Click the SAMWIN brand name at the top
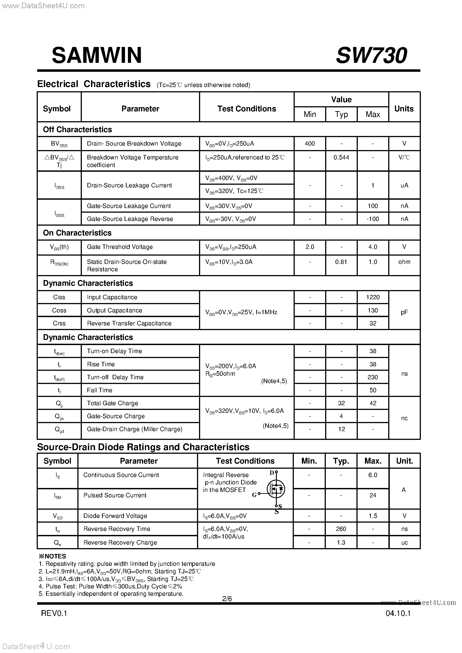coord(97,55)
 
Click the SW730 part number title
coord(371,55)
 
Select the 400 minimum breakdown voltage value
coord(309,144)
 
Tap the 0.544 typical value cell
coord(341,158)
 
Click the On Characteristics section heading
coord(77,233)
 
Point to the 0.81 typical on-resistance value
coord(341,262)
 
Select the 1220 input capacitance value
coord(373,297)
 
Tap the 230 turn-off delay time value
coord(373,377)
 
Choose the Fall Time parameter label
coord(100,390)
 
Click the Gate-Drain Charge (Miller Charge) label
coord(135,429)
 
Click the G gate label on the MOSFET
coord(254,495)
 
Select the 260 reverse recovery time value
coord(341,529)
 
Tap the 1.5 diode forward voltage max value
coord(373,516)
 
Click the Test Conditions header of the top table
coord(247,109)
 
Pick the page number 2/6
coord(227,599)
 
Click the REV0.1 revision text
coord(54,613)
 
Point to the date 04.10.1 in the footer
coord(398,613)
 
